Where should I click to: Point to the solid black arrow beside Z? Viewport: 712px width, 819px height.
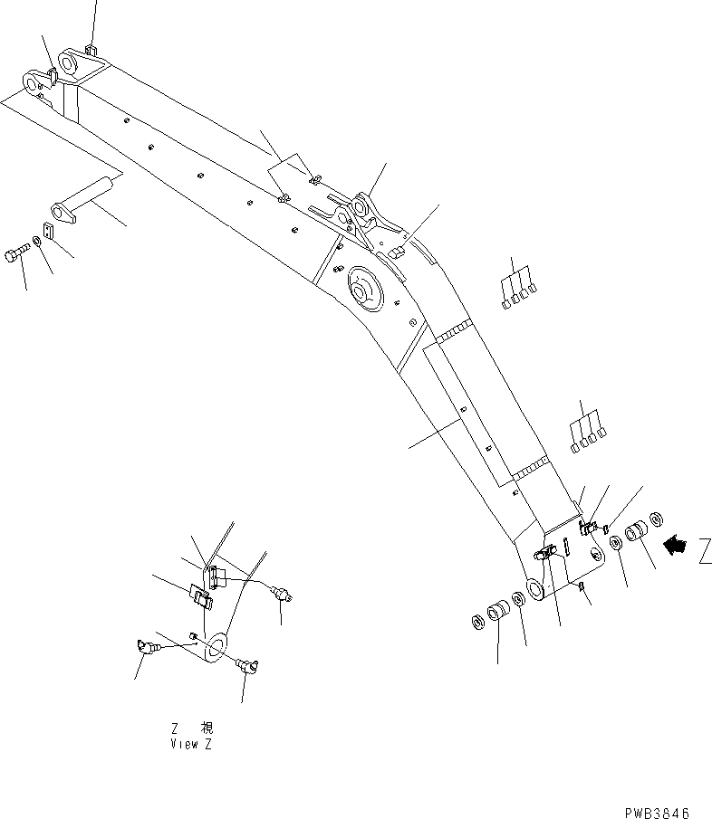676,545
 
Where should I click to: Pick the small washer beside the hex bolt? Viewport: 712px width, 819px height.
35,242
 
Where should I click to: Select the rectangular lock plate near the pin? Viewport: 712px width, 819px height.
49,232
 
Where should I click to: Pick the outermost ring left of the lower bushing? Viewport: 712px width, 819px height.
476,622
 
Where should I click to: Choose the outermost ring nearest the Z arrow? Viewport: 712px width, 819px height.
657,519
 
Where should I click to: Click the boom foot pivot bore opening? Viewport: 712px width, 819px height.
534,588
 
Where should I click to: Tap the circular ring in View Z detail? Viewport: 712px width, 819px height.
217,648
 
